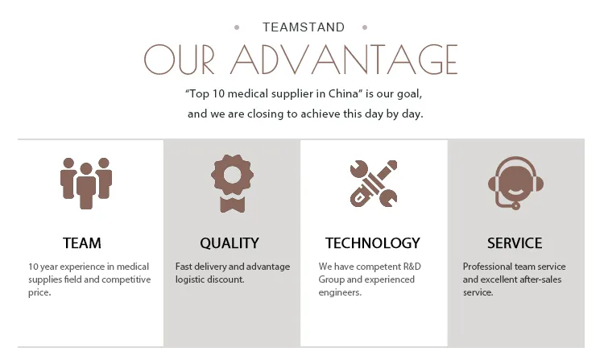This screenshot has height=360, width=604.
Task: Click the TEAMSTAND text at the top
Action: [304, 27]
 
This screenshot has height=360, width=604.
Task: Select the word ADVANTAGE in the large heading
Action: [344, 59]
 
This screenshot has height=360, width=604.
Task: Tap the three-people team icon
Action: [85, 183]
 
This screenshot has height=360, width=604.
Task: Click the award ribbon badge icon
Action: [232, 183]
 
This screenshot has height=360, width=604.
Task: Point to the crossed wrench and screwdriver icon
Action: [373, 183]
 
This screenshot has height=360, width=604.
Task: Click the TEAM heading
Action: [82, 243]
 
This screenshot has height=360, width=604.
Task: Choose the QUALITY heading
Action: [230, 243]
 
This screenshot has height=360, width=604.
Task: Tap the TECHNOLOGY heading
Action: [373, 243]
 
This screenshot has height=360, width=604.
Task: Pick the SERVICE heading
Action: [515, 243]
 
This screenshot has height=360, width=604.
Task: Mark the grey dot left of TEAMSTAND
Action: [237, 27]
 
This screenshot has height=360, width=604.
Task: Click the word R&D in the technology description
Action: [408, 267]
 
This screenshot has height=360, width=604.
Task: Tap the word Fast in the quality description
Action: [184, 267]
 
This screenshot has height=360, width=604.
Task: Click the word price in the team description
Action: [38, 292]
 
